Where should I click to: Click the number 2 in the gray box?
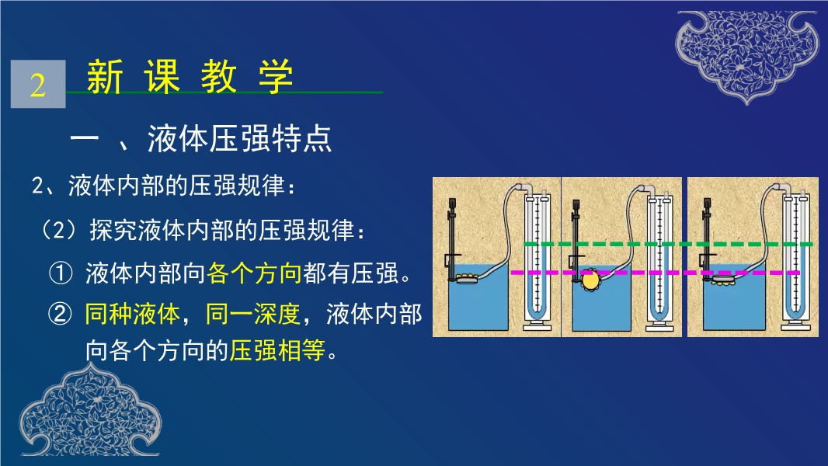tap(37, 85)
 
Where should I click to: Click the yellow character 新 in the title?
tap(105, 76)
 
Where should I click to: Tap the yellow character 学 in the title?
tap(276, 76)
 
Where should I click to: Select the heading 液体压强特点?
tap(239, 139)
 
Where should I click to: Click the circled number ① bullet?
tap(61, 273)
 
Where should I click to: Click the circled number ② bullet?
tap(61, 314)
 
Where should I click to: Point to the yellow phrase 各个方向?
tap(254, 273)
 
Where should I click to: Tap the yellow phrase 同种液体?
tap(133, 314)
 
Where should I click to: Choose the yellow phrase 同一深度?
tap(253, 314)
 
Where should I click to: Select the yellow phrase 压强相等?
tap(277, 350)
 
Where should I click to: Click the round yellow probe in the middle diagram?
tap(590, 280)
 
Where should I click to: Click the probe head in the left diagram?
tap(466, 278)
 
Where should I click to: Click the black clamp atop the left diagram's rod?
tap(452, 205)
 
